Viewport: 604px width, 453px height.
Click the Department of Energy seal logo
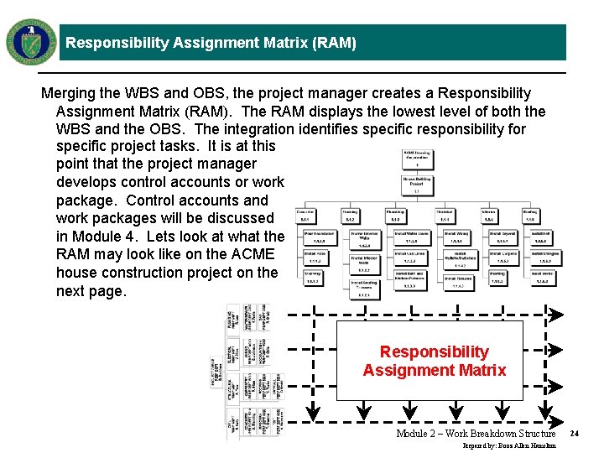tap(31, 42)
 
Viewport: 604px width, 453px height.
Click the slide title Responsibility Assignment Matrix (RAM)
tap(211, 43)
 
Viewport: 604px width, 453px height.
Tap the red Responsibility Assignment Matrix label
tap(434, 361)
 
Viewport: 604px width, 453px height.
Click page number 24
tap(575, 434)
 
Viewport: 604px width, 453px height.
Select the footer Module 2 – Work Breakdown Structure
tap(476, 434)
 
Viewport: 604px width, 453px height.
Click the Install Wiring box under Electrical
tap(457, 236)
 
